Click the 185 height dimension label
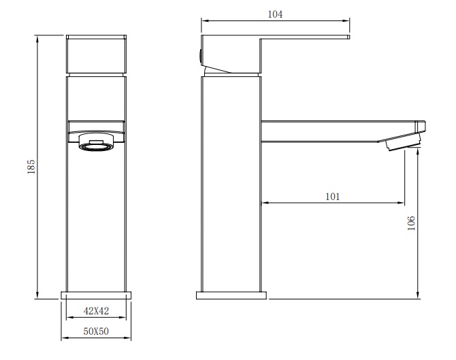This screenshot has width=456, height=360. tap(31, 167)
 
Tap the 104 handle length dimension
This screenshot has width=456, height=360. tap(275, 14)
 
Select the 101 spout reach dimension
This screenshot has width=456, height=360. tap(332, 197)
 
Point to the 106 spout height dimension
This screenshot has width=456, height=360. tap(411, 223)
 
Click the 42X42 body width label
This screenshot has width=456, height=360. tap(96, 311)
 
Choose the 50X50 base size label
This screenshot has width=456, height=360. tap(96, 331)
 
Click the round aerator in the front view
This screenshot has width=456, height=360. tap(96, 142)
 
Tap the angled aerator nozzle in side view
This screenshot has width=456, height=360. tap(404, 142)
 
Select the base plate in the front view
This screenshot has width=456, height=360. tap(96, 295)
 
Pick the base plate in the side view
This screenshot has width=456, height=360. tap(231, 295)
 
